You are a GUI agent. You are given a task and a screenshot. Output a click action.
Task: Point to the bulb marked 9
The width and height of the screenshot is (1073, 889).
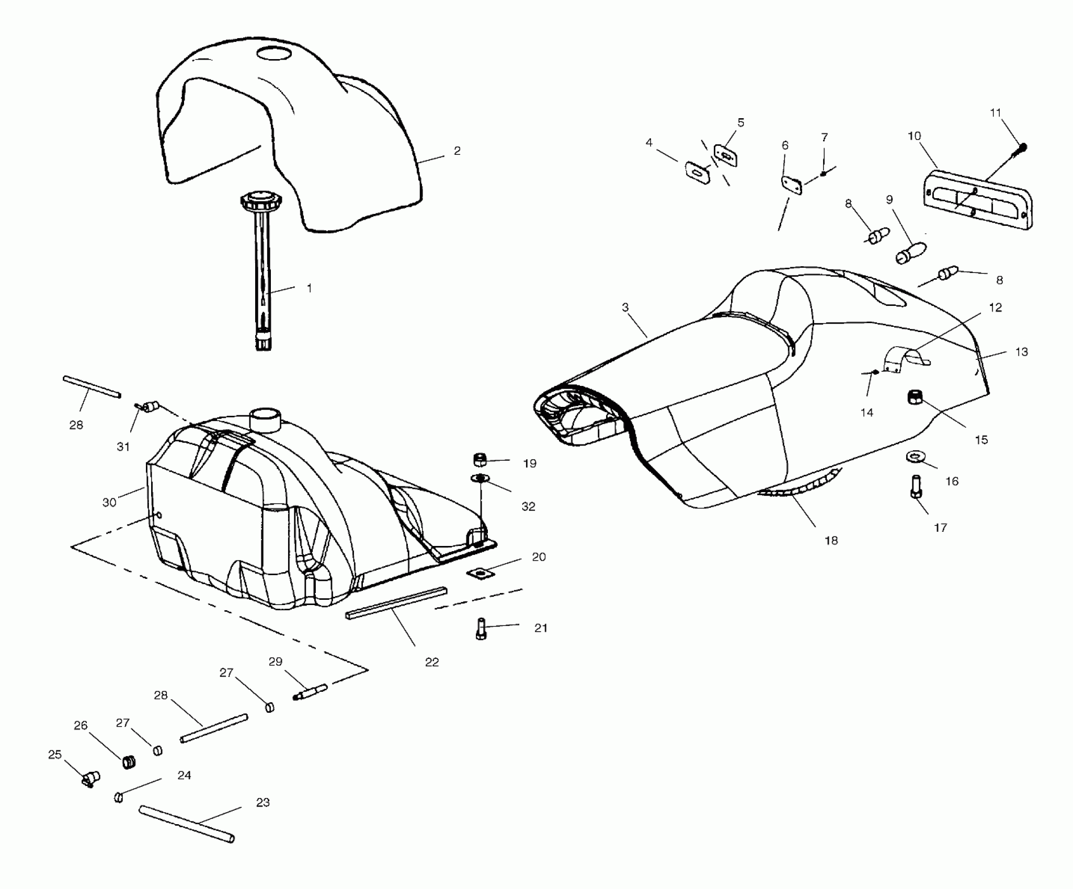910,252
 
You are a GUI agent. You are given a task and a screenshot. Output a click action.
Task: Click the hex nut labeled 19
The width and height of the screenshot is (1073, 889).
480,460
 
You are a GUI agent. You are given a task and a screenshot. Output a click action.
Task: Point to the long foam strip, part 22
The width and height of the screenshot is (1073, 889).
396,603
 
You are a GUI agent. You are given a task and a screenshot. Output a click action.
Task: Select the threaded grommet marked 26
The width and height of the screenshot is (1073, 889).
129,761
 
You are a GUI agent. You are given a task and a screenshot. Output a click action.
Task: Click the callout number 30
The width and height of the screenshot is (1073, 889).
109,503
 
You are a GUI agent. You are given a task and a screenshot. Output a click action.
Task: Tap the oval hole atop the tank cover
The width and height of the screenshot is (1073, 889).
276,53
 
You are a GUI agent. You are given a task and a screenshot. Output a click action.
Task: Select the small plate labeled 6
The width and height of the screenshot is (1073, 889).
792,185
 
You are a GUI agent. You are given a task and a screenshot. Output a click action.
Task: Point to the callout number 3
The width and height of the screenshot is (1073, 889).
625,307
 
